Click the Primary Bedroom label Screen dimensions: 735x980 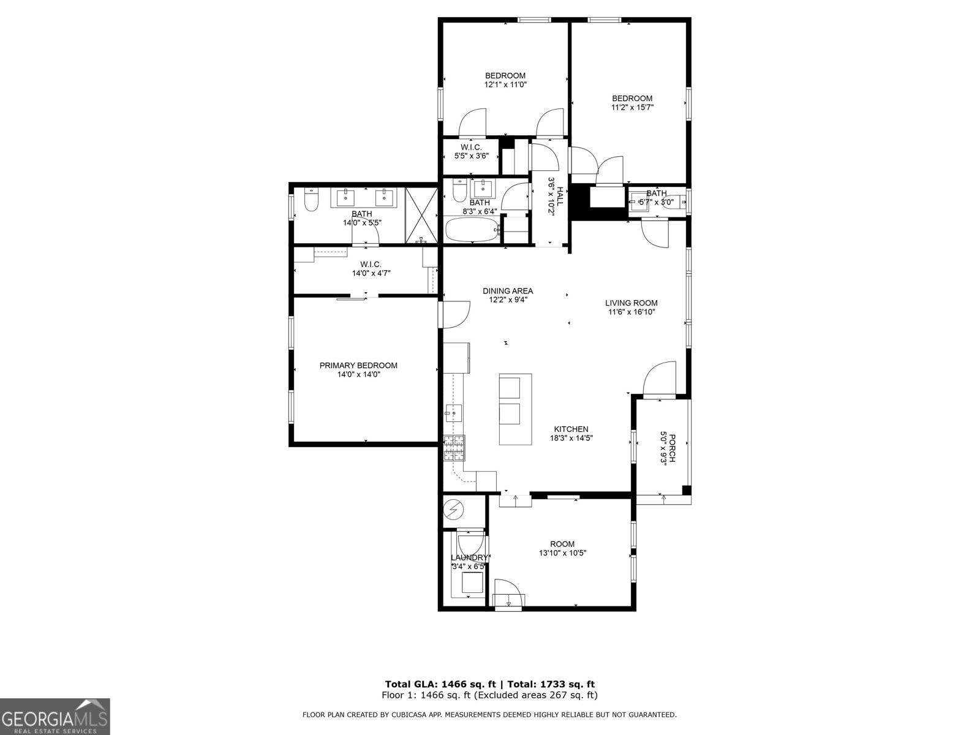click(358, 366)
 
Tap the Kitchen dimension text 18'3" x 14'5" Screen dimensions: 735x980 click(571, 438)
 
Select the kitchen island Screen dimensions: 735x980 click(515, 409)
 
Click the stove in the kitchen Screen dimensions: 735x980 click(454, 448)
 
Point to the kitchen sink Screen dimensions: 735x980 click(454, 413)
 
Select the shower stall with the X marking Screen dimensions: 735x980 click(421, 214)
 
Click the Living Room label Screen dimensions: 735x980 click(631, 303)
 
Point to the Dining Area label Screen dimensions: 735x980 click(507, 291)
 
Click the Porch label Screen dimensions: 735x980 click(671, 449)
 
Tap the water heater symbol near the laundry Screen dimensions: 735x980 click(454, 509)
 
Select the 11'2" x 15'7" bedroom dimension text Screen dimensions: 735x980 click(632, 107)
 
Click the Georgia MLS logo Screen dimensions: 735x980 click(55, 716)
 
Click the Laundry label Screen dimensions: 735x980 click(469, 557)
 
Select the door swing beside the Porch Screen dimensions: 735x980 click(660, 379)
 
